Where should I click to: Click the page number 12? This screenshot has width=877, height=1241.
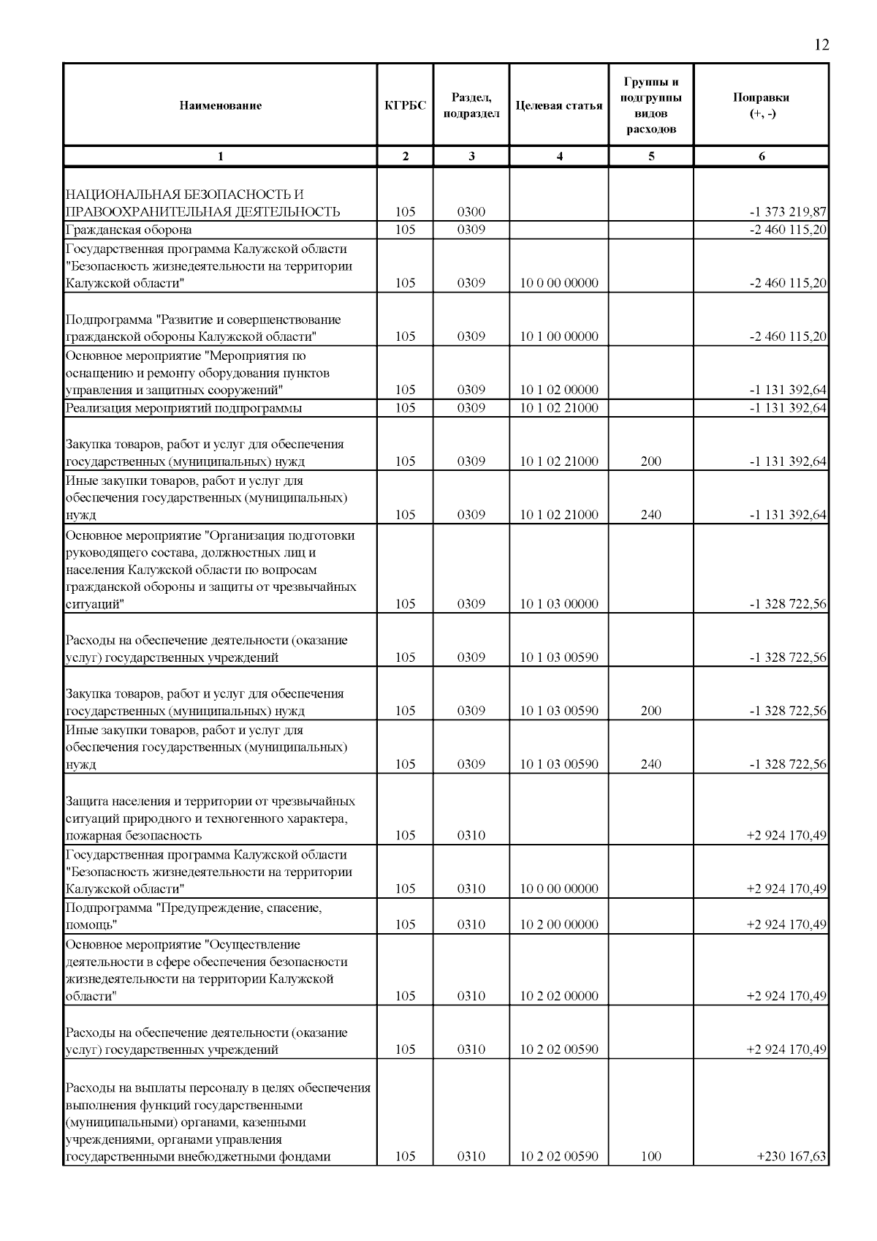(821, 45)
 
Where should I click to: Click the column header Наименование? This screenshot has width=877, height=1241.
(220, 105)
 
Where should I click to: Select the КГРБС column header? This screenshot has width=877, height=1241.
(406, 105)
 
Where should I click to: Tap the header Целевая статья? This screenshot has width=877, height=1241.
(559, 105)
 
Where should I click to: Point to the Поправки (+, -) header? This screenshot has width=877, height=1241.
(761, 105)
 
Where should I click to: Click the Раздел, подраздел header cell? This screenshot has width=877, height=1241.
(471, 105)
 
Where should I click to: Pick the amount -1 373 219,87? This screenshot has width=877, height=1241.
(788, 212)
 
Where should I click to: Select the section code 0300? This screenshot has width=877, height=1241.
(471, 212)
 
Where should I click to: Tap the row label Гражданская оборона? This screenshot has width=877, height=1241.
(129, 230)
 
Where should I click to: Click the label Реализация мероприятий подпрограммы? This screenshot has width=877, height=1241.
(183, 408)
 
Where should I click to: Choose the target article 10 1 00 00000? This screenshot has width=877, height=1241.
(559, 336)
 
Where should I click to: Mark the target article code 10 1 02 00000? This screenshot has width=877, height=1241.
(559, 390)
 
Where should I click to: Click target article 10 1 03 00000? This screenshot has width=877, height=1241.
(559, 604)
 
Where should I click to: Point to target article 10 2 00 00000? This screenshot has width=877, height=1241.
(559, 924)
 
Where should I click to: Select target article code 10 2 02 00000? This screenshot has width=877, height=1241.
(559, 996)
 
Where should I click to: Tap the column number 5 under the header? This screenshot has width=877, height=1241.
(650, 156)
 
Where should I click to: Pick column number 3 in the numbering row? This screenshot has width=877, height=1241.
(471, 156)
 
